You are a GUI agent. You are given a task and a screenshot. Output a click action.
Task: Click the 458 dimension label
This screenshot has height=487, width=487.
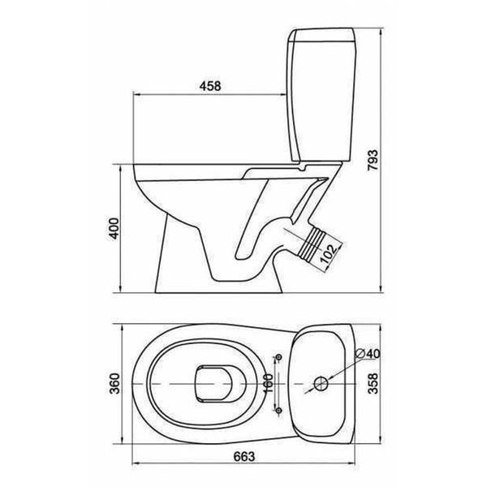210,86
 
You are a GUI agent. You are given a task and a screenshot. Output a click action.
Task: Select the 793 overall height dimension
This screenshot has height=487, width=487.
373,160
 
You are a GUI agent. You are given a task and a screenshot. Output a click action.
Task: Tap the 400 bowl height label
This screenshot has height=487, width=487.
114,229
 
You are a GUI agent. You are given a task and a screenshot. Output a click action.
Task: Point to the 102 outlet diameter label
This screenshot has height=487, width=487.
328,253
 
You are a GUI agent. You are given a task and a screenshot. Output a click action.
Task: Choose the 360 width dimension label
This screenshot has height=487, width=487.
114,383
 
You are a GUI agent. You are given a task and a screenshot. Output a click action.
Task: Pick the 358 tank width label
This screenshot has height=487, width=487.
373,383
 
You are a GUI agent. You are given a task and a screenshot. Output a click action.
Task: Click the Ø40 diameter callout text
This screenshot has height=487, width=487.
368,353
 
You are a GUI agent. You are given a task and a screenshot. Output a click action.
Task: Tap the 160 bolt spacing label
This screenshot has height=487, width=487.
268,384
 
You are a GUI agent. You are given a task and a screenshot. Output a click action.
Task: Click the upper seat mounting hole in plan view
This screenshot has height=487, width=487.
279,357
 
